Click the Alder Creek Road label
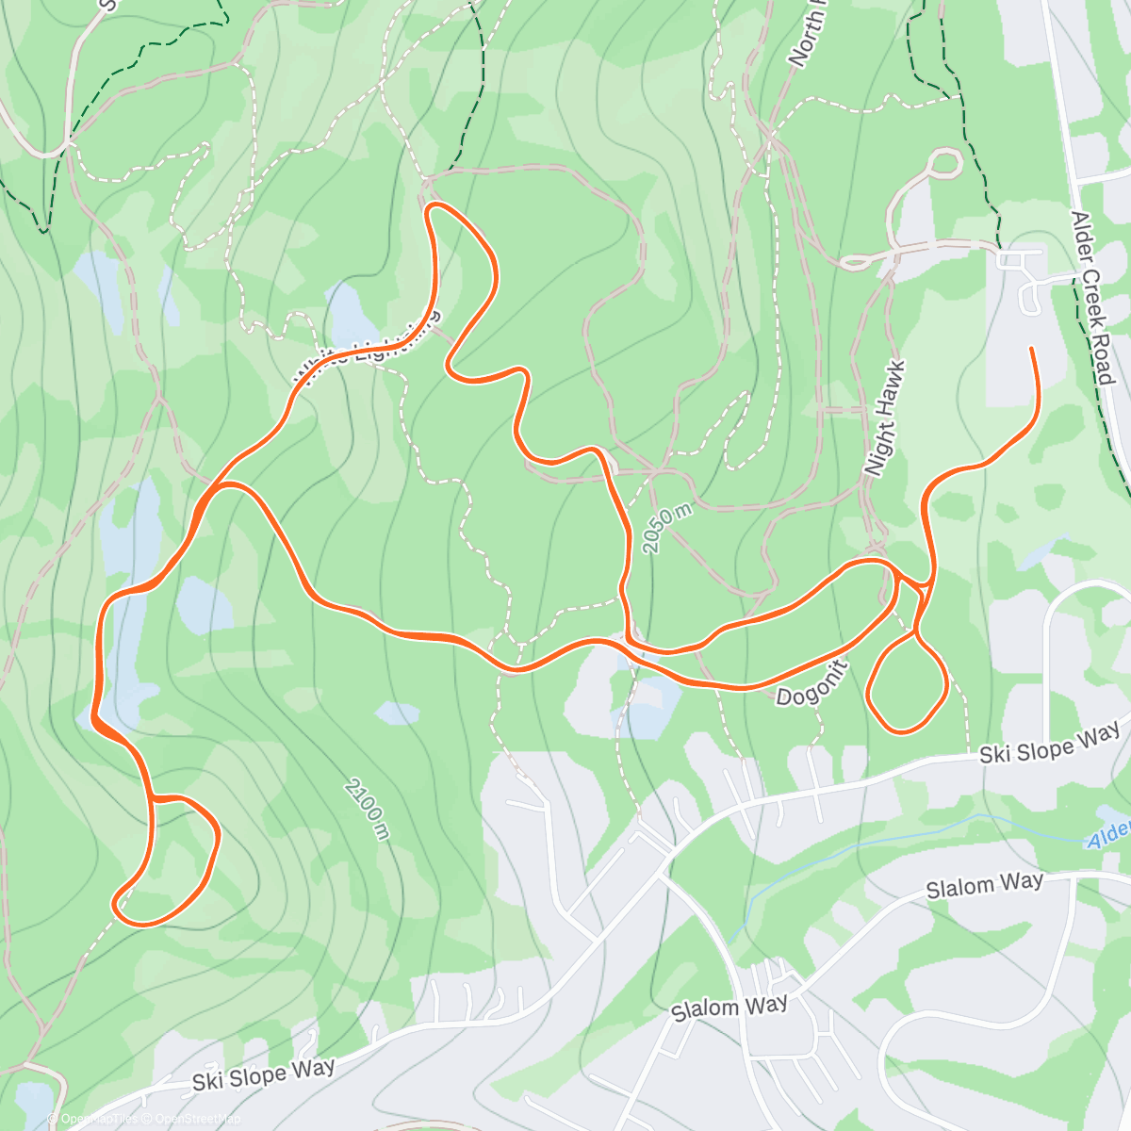1093,298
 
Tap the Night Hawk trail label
885,418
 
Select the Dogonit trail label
811,682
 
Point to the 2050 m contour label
667,529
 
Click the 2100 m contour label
367,809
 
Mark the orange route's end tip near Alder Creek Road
1031,350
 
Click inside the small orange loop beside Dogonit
905,683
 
